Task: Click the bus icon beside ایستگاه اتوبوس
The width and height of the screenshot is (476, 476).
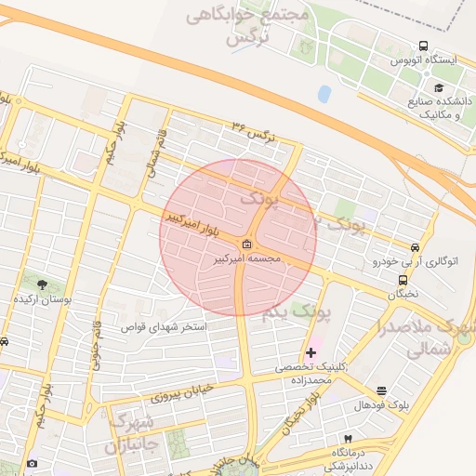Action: pyautogui.click(x=424, y=46)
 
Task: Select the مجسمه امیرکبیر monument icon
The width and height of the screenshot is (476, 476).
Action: pyautogui.click(x=246, y=244)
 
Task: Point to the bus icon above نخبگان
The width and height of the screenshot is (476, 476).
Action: pyautogui.click(x=403, y=279)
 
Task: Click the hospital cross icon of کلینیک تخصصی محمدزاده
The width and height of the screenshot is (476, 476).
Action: pyautogui.click(x=311, y=352)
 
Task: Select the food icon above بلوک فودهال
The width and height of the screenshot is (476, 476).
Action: pyautogui.click(x=381, y=391)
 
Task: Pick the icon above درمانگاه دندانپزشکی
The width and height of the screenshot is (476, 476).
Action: pyautogui.click(x=348, y=439)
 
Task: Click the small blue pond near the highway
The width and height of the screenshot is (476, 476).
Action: pyautogui.click(x=324, y=94)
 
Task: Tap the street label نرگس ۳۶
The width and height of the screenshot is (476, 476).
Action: pyautogui.click(x=255, y=130)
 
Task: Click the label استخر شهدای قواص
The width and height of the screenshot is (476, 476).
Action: pyautogui.click(x=164, y=327)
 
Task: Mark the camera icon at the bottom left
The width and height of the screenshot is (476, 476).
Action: pyautogui.click(x=33, y=463)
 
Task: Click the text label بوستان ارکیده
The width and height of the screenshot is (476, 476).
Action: pyautogui.click(x=38, y=301)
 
